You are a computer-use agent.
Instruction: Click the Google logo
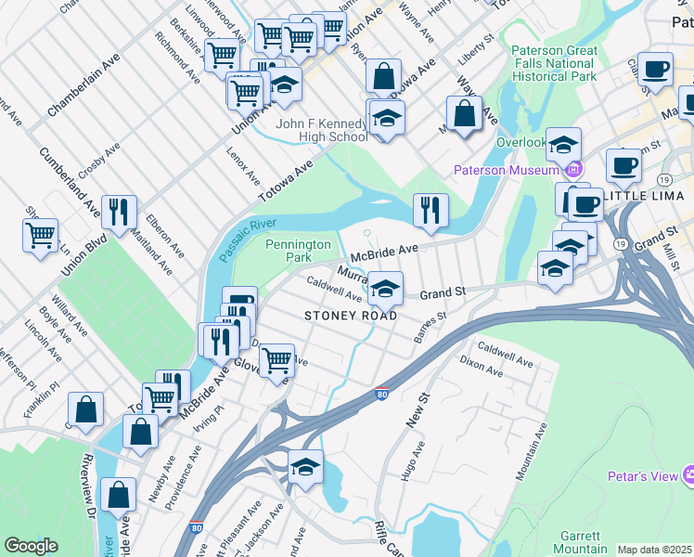31,546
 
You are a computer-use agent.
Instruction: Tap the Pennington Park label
297,250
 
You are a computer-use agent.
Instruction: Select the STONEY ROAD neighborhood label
351,316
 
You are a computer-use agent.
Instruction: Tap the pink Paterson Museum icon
573,169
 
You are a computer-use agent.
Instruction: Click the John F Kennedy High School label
321,130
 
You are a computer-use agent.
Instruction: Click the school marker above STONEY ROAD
385,288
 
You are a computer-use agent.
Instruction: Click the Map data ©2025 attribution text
654,550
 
